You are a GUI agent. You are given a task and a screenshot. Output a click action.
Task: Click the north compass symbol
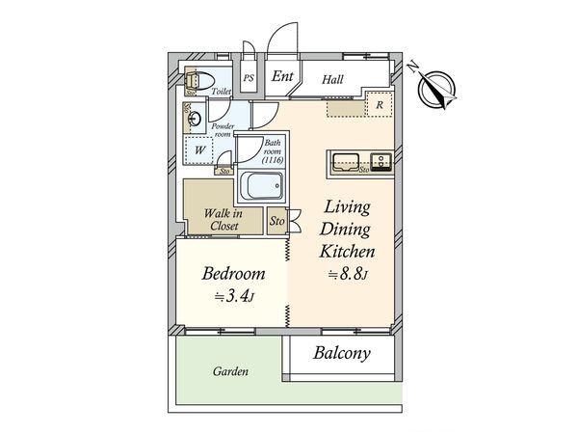435,89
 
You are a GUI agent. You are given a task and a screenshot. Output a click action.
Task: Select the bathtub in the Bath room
261,186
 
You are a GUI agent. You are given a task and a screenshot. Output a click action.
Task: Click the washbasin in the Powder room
195,119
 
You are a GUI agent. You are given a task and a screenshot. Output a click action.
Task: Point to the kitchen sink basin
346,163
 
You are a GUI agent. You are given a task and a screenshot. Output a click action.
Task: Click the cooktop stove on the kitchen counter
381,163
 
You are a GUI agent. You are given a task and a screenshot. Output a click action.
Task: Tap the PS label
249,78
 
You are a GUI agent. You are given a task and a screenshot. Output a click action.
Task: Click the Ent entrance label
282,76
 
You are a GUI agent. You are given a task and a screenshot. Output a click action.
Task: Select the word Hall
332,79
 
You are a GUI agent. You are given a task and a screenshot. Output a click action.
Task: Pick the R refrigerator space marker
380,105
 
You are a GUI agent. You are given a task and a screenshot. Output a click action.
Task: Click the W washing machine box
199,150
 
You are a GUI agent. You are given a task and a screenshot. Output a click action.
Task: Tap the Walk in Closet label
223,220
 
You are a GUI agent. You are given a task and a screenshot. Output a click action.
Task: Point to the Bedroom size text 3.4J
235,296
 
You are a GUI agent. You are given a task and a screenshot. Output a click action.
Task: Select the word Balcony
342,354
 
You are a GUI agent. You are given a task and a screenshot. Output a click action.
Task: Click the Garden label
230,371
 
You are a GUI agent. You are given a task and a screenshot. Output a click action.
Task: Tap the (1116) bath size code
273,160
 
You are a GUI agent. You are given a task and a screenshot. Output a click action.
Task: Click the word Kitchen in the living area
347,252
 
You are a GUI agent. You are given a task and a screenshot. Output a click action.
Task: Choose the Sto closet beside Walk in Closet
276,221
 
